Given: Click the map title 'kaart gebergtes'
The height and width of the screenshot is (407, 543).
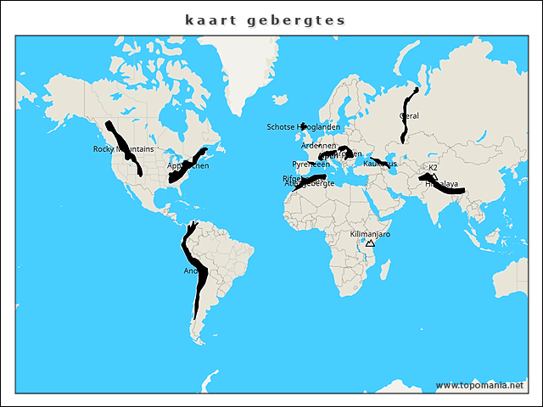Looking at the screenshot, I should click(x=266, y=20).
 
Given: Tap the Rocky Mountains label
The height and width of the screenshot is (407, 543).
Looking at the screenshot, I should click(x=123, y=149).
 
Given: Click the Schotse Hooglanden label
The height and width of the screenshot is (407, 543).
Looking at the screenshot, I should click(x=303, y=127).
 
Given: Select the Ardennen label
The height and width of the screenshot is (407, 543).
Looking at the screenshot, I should click(x=318, y=146).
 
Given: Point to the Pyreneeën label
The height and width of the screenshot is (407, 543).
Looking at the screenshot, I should click(x=311, y=164).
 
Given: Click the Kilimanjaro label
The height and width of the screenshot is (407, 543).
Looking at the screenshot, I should click(x=370, y=233).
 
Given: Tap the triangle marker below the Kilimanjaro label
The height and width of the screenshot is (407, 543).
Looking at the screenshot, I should click(x=370, y=243).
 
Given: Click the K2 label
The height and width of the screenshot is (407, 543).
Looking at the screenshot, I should click(x=433, y=167).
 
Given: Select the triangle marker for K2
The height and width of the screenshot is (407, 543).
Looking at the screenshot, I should click(x=434, y=176).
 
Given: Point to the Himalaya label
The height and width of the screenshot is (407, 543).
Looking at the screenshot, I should click(x=441, y=184).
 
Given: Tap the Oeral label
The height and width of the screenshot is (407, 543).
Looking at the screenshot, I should click(x=408, y=116).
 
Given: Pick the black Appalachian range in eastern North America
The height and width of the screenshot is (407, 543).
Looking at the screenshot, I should click(x=188, y=165).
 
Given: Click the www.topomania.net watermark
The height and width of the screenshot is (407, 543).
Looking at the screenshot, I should click(x=479, y=385).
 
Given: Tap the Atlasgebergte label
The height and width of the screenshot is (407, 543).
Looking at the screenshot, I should click(x=309, y=184).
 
